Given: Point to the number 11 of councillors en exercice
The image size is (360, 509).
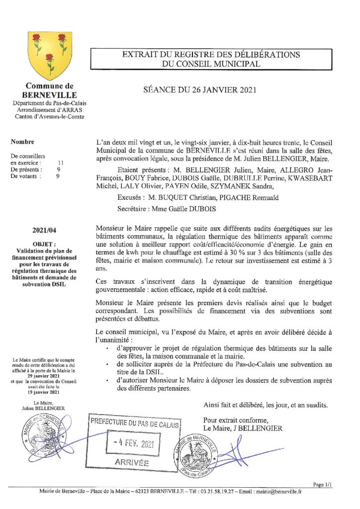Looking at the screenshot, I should (61, 163).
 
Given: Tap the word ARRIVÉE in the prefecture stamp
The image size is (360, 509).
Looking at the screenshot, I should (132, 462).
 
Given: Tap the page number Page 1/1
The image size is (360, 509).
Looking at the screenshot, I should (323, 484).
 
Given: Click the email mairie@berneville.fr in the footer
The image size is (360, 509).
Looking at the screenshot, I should (283, 492).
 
